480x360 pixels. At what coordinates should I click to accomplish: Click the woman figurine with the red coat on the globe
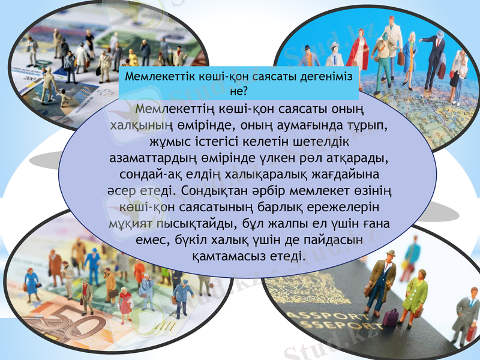click(x=358, y=48)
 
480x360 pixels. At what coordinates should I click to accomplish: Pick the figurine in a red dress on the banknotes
click(x=125, y=303)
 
